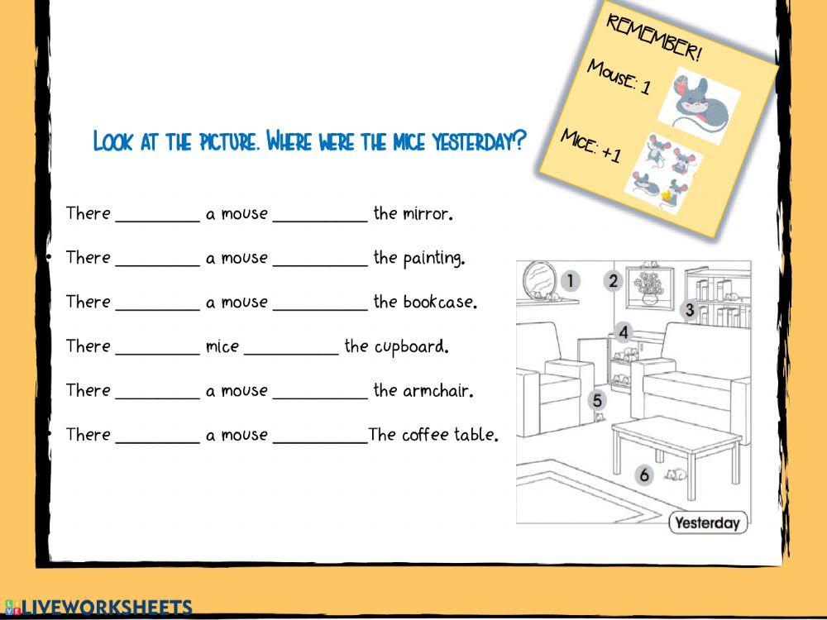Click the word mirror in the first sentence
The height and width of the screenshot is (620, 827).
[427, 214]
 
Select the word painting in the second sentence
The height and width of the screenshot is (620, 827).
[433, 259]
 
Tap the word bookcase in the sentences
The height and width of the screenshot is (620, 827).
[440, 303]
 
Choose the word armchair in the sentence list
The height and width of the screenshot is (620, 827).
[437, 391]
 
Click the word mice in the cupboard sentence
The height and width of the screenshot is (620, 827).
[222, 346]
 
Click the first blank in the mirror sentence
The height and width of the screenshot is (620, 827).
[157, 217]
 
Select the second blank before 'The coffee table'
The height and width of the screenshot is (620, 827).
[319, 438]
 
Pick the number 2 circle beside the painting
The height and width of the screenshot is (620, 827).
[613, 281]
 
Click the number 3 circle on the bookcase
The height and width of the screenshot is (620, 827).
[689, 311]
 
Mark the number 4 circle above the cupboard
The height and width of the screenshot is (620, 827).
[624, 333]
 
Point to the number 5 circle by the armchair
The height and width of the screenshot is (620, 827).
[598, 401]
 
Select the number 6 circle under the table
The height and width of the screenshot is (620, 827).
[645, 475]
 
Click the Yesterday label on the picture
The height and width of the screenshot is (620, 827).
[707, 522]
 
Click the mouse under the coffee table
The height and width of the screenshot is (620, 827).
[676, 475]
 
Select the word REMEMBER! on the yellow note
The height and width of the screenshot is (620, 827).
[654, 38]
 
